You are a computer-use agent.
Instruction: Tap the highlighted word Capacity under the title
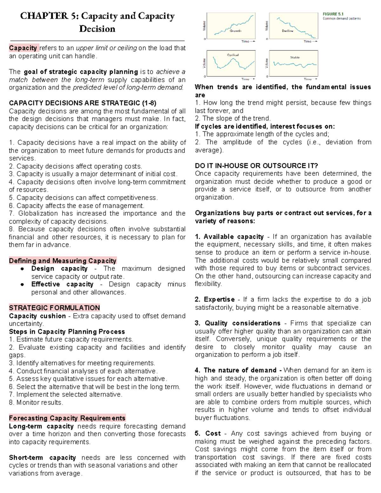23,48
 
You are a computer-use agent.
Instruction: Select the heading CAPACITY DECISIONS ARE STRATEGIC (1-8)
83,103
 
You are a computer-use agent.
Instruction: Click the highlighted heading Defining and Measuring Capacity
63,261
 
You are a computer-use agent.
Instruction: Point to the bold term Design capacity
59,269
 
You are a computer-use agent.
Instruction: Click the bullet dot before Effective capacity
22,284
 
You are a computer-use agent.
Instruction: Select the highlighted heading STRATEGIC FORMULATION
54,308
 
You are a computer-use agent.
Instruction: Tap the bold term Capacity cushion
37,316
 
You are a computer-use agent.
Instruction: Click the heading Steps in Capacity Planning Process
67,332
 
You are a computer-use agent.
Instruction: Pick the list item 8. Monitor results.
36,403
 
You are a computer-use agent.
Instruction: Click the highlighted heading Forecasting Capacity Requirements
67,418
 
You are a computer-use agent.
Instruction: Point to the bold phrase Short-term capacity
42,457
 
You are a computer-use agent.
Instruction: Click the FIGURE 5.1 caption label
333,14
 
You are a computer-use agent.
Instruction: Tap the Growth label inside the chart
235,31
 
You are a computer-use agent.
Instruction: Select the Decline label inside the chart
287,31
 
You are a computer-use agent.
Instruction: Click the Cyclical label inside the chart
233,55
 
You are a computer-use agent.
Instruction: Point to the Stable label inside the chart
295,57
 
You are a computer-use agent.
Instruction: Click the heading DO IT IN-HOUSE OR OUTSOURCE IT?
256,166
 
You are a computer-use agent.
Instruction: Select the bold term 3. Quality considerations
237,323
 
